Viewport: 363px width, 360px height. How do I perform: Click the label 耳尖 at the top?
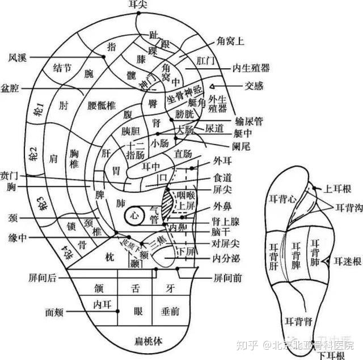pos(138,5)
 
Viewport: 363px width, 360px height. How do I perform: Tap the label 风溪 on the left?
pos(17,57)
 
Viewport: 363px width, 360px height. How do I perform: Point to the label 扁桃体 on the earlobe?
pos(149,341)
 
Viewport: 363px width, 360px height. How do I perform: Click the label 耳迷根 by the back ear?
pos(348,261)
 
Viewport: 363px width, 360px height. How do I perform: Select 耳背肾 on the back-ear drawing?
pos(297,322)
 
